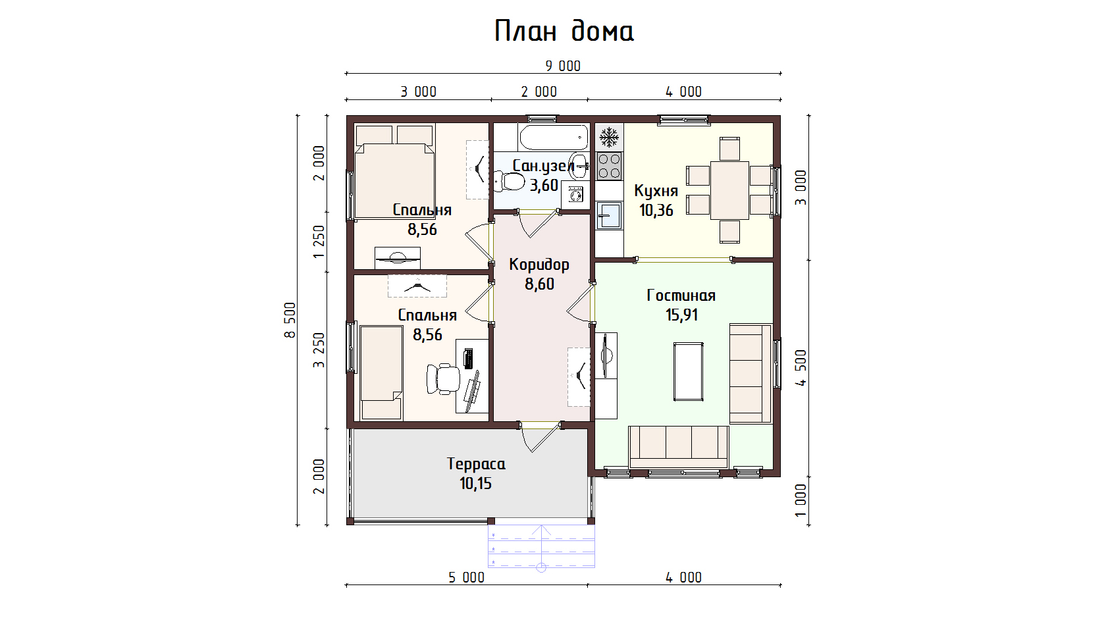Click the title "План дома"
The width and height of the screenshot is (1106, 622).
[x=564, y=30]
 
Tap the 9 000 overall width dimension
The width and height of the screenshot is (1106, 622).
[x=563, y=66]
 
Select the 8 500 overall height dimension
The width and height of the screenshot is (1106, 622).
[x=290, y=320]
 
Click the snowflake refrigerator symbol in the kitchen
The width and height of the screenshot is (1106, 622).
[x=610, y=137]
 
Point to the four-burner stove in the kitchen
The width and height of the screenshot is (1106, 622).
[x=610, y=166]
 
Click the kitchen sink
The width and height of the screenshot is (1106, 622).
[x=610, y=215]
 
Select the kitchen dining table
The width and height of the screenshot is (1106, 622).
[x=729, y=190]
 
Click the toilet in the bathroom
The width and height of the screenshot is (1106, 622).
[x=509, y=181]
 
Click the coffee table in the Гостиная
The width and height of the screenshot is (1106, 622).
[x=689, y=372]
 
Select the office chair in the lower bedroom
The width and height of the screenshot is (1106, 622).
[x=444, y=378]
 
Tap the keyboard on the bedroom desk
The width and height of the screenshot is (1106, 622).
[x=468, y=358]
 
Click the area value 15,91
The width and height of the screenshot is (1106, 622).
[x=681, y=315]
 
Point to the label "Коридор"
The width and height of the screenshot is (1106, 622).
[x=539, y=265]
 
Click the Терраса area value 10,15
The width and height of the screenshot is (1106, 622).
[x=475, y=483]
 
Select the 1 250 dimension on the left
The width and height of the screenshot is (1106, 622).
[x=319, y=242]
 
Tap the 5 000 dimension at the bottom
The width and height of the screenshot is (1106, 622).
[x=466, y=577]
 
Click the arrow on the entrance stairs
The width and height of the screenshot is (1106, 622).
[x=541, y=546]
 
